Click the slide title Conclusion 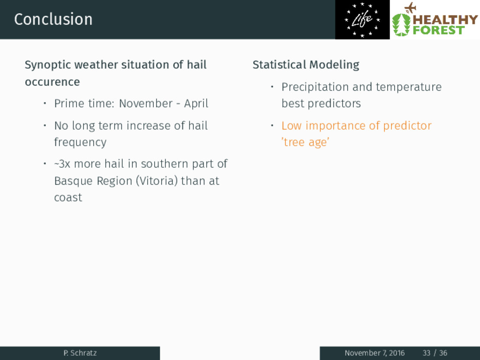(53, 19)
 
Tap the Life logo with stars (362, 20)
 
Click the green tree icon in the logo (401, 24)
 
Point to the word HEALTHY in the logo (445, 20)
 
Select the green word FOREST (438, 30)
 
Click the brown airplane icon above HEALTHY (410, 7)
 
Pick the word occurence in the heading (52, 82)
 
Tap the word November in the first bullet (146, 104)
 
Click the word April (196, 104)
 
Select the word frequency (80, 142)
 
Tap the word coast (68, 197)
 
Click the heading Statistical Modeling (306, 65)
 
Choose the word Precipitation (315, 87)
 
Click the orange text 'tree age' (305, 142)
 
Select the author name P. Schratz (80, 353)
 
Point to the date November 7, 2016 (375, 353)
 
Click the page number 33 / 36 (435, 353)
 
